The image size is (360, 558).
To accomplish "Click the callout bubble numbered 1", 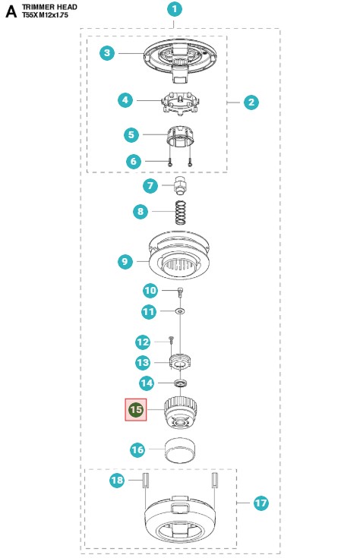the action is tap(175, 9).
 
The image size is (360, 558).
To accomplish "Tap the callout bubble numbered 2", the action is tap(251, 102).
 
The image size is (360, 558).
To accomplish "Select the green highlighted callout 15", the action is tap(136, 410).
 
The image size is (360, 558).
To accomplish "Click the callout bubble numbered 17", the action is tap(261, 503).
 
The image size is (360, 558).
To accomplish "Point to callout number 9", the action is tap(125, 262).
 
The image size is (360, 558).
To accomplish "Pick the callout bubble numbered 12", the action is tap(143, 342).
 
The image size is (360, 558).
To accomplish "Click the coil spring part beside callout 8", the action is tap(181, 213).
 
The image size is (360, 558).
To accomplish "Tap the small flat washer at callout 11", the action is tap(181, 311).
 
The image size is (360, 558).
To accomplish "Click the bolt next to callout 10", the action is tap(181, 293).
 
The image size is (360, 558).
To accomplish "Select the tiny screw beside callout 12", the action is tap(171, 340).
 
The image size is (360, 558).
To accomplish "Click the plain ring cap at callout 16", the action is tap(181, 451).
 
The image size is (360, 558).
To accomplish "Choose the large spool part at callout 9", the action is tap(179, 256).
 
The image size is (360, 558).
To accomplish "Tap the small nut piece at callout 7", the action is tap(180, 186).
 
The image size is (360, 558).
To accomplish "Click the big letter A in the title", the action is tap(11, 11).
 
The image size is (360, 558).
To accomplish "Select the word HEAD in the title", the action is tap(67, 7).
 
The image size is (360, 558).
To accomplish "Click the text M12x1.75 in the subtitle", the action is tap(53, 15).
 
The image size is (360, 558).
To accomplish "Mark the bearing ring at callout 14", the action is tap(181, 383).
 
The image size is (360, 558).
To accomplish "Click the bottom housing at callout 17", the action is tap(180, 519).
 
